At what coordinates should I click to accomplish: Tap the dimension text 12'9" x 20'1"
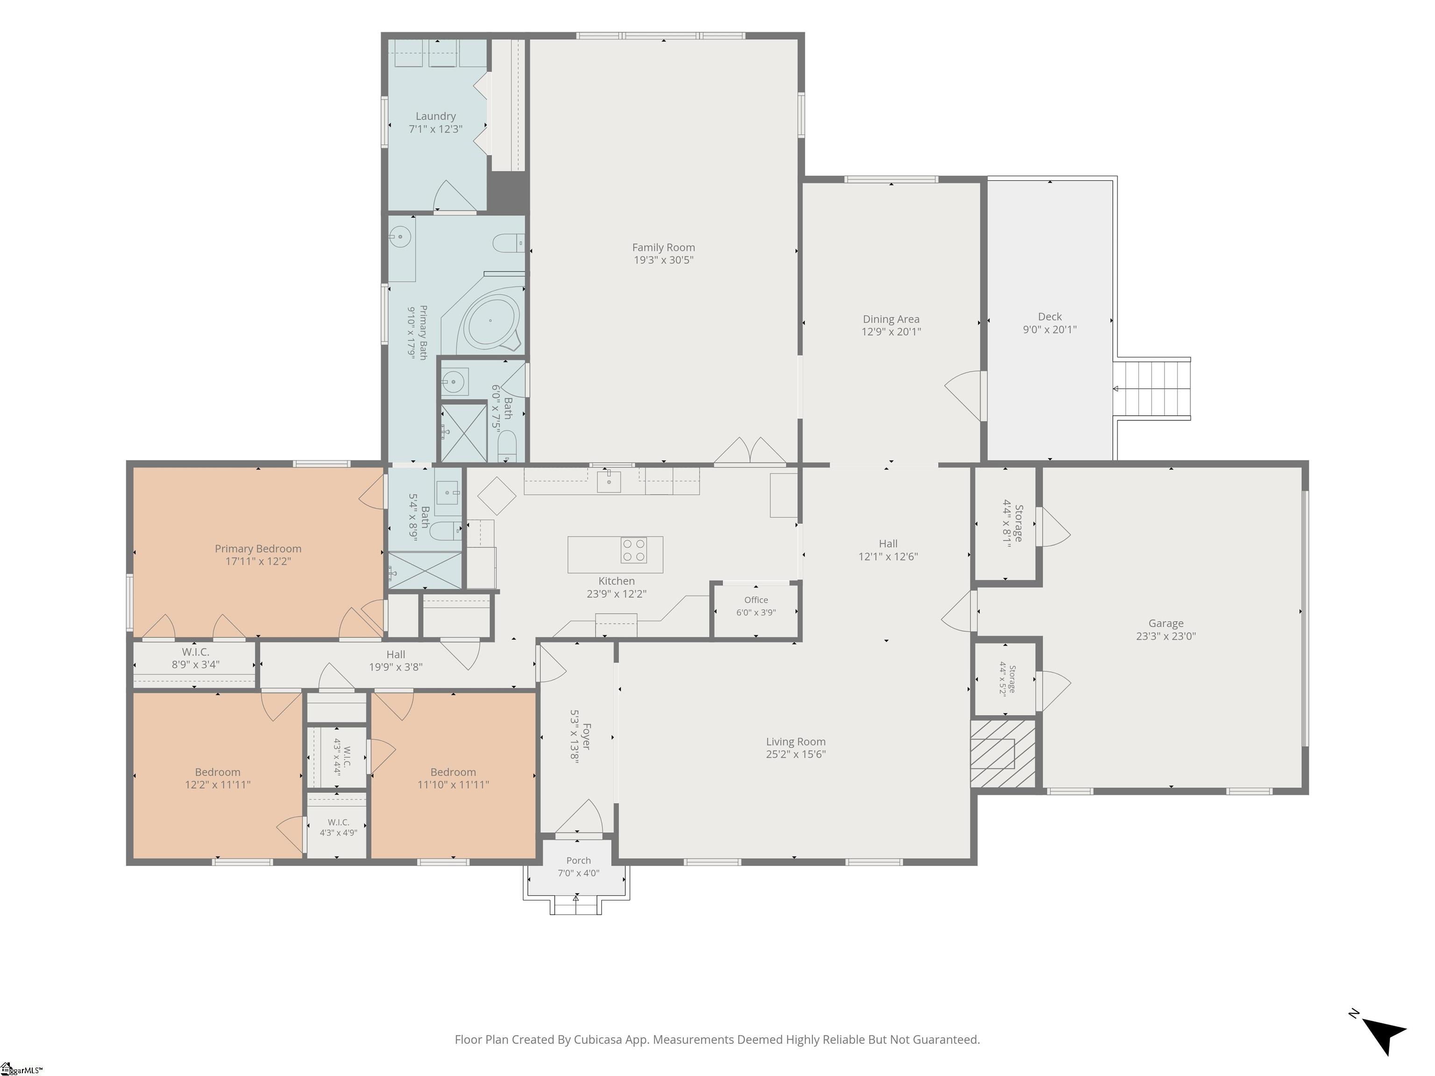point(891,332)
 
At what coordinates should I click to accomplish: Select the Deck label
point(1050,317)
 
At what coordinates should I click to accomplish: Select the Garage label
point(1166,623)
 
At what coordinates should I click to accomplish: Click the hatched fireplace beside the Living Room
point(1003,754)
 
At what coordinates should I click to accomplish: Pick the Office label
point(756,600)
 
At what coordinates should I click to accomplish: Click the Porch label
point(578,861)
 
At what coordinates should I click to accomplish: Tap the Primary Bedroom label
point(258,549)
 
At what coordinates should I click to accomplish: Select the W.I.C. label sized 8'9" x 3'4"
point(195,652)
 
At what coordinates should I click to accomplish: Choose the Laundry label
point(435,116)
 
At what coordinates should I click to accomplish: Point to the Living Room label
point(796,741)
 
